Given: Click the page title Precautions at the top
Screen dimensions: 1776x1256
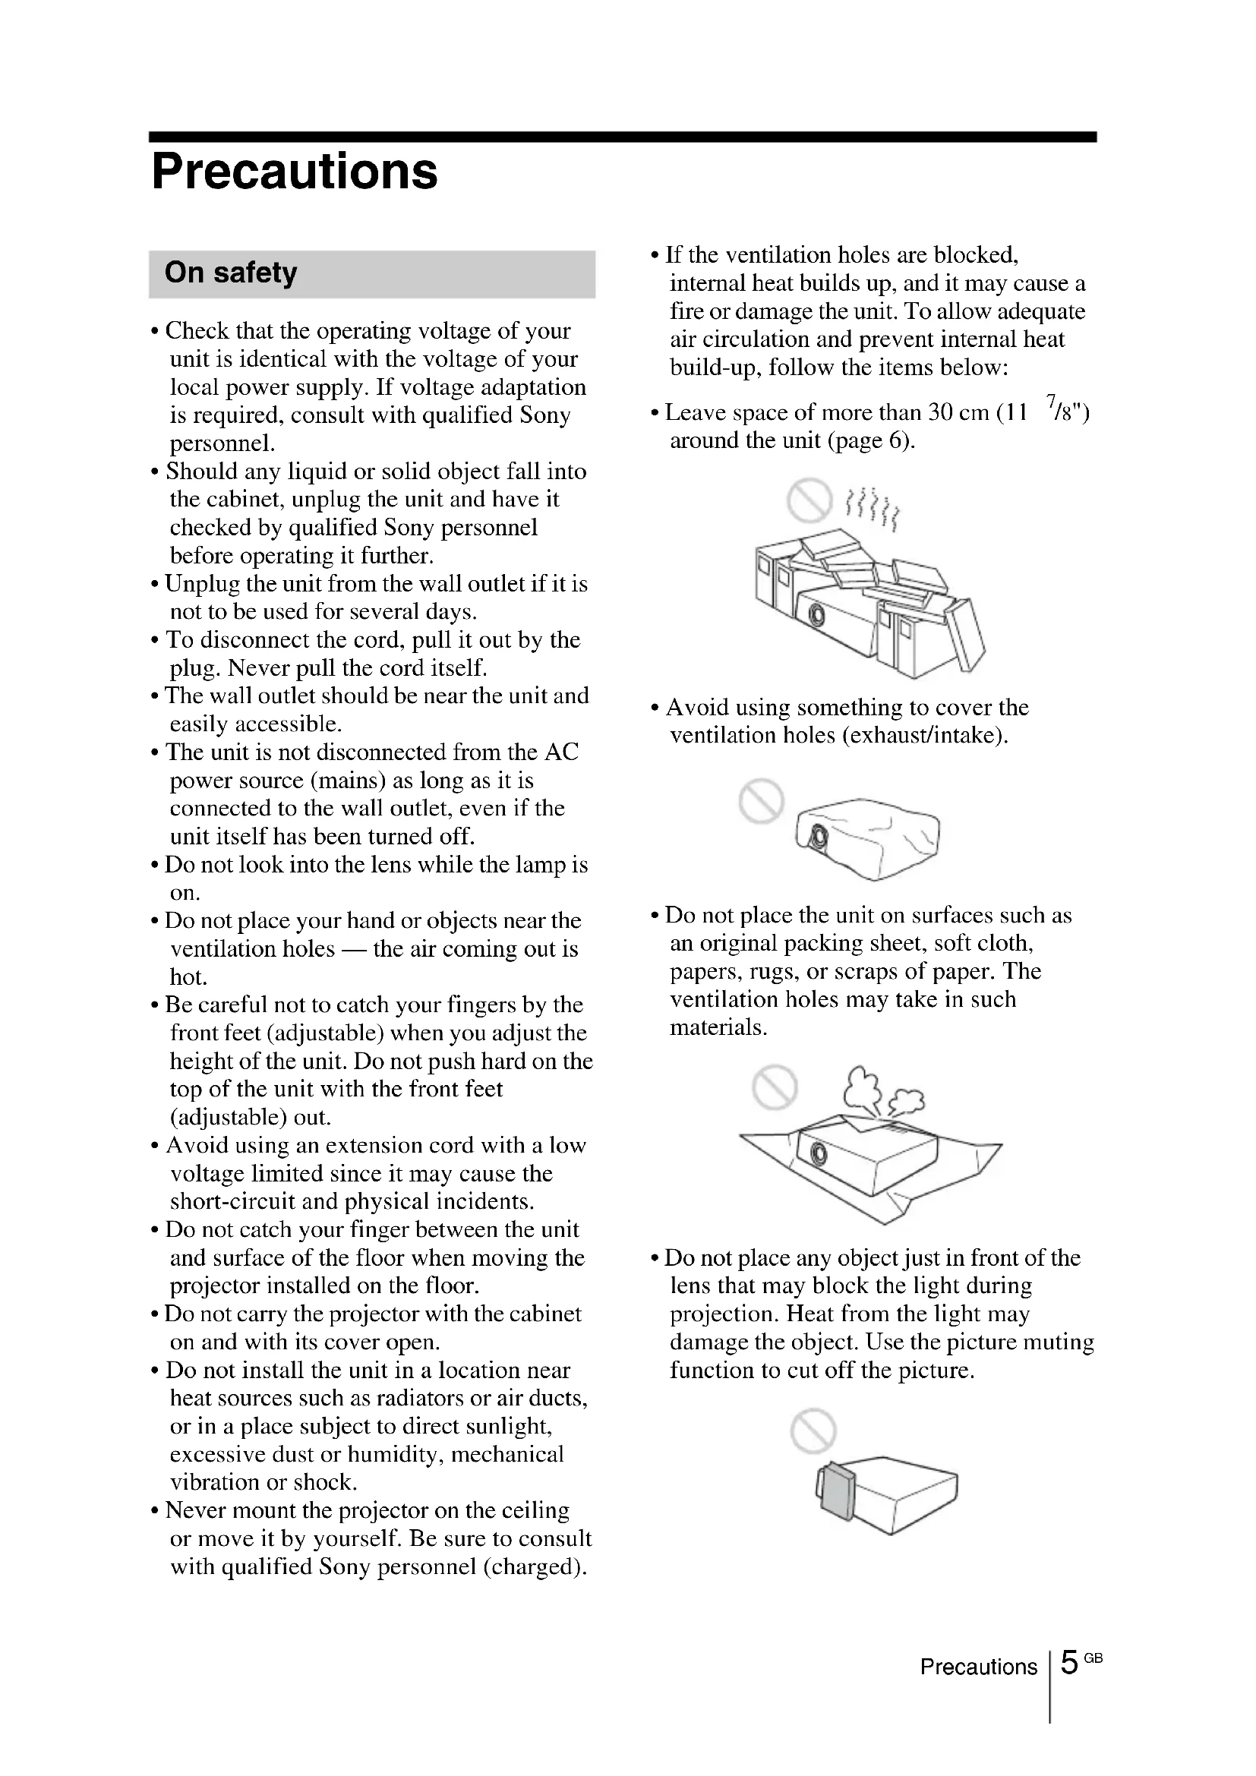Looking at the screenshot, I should click(295, 171).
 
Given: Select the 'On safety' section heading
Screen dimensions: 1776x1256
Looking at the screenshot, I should click(231, 273).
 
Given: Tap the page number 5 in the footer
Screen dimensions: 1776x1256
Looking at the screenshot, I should click(1069, 1661).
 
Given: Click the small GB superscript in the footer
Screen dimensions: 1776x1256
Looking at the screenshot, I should click(1093, 1657).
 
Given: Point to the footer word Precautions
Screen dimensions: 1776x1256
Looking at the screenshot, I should click(978, 1666).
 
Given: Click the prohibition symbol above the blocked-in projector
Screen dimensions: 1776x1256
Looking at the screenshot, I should click(809, 500).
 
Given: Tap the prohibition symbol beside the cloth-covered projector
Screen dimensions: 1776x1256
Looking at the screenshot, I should click(762, 800).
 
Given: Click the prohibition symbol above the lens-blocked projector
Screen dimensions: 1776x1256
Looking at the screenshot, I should click(813, 1431).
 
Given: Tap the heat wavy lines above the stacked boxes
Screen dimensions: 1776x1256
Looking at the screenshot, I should click(873, 508).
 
